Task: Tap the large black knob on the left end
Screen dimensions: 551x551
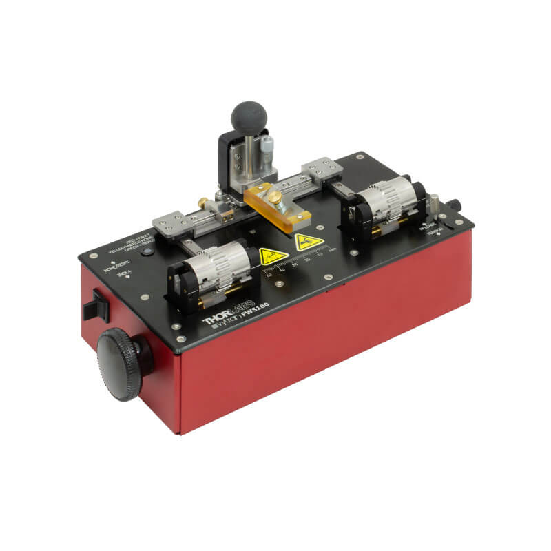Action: pos(120,363)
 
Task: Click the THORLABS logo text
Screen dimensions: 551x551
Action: pos(229,312)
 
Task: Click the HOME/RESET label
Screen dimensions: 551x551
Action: pos(117,266)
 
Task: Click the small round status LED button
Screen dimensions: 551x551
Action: pos(147,252)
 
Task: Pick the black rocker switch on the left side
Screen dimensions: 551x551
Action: pos(95,306)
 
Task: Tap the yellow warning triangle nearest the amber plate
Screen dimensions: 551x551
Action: pos(309,242)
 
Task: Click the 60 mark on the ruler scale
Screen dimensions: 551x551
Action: pos(269,276)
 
